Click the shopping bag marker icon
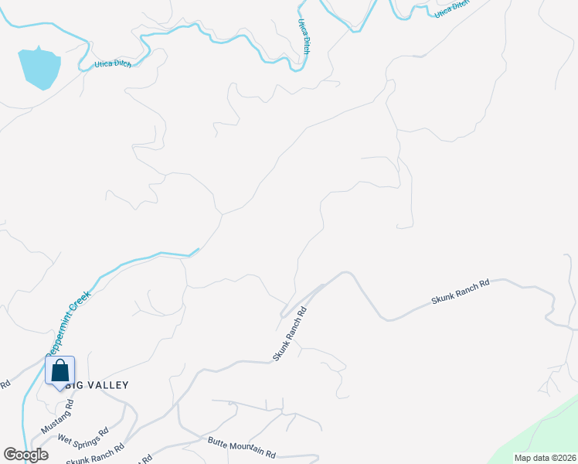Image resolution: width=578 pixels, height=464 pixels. pos(60,370)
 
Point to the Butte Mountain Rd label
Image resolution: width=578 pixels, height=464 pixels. pos(242,447)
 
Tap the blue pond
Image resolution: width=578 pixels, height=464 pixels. pos(39,67)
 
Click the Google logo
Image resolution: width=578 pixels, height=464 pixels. pos(25,455)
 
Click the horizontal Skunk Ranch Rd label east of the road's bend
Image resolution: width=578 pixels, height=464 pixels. pos(461,292)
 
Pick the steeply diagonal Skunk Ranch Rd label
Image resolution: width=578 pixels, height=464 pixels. pos(291,333)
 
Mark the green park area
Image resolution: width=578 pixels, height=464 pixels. pos(541,433)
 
